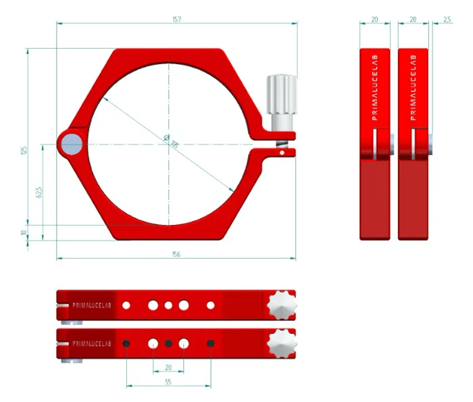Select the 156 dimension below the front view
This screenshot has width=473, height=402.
[176, 254]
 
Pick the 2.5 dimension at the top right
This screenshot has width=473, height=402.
[447, 20]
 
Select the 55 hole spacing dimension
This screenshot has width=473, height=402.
[168, 382]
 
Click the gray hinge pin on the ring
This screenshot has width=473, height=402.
[70, 143]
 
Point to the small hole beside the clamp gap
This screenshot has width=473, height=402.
[282, 153]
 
